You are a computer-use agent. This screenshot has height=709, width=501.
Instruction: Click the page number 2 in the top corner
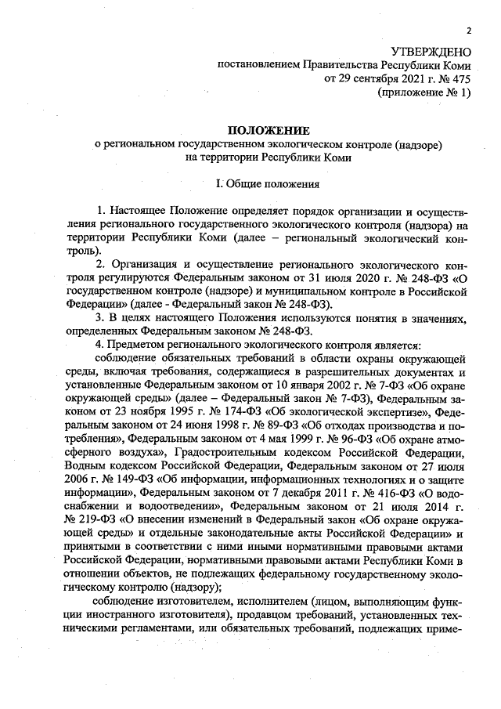[x=468, y=31]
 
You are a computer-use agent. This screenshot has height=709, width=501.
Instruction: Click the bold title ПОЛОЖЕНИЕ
[x=268, y=129]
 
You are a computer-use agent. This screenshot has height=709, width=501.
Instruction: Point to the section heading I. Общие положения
[x=268, y=185]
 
